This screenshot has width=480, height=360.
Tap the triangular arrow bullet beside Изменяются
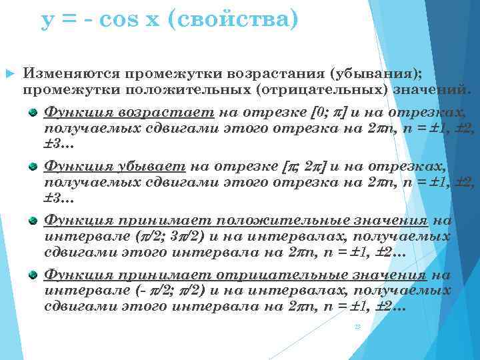point(9,72)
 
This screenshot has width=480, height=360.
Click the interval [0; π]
point(329,112)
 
